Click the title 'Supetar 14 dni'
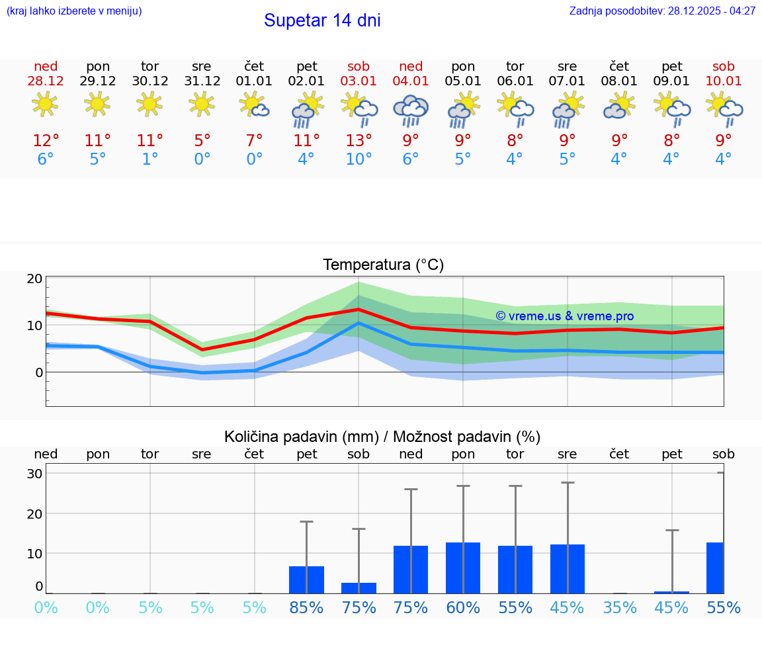pos(322,21)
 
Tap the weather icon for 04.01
pos(411,110)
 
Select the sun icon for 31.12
pos(202,104)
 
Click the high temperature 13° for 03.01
pos(359,141)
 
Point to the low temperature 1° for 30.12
pos(150,159)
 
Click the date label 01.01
pos(254,81)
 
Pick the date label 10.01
pos(724,81)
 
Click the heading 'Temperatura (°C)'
pos(383,265)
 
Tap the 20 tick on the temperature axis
pos(34,279)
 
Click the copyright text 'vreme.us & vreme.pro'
pos(565,316)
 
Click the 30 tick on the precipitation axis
pos(34,474)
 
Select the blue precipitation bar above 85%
pos(306,580)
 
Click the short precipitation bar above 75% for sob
pos(359,587)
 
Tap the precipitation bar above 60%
pos(463,568)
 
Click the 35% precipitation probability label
pos(619,608)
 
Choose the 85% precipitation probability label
pos(306,608)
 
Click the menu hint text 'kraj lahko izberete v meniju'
pos(73,11)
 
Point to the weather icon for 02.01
pos(306,110)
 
